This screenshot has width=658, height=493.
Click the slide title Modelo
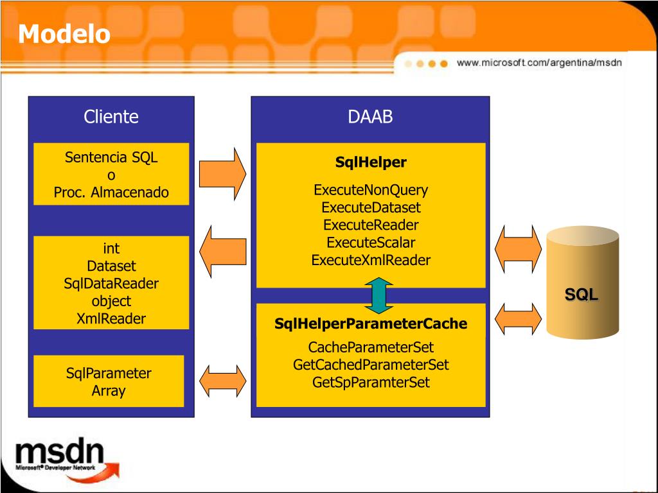64,33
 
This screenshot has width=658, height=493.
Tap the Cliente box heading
111,117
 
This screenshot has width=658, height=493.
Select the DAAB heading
370,117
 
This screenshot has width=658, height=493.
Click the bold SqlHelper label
371,162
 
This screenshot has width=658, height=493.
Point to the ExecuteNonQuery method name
371,190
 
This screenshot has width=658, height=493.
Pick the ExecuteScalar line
371,243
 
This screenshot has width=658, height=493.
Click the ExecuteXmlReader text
371,260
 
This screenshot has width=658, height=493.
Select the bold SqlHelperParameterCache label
371,324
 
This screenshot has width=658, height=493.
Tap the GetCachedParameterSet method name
371,365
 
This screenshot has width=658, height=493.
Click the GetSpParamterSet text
371,383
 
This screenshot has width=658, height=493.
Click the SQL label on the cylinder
582,295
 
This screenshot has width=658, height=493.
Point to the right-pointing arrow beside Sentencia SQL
222,174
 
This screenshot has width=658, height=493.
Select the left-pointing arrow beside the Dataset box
222,251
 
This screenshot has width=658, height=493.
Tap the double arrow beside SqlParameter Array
222,381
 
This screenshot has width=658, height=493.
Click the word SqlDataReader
111,283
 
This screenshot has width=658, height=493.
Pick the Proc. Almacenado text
111,193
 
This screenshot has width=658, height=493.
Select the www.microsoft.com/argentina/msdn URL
539,63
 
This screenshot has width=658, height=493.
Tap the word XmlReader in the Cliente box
111,318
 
